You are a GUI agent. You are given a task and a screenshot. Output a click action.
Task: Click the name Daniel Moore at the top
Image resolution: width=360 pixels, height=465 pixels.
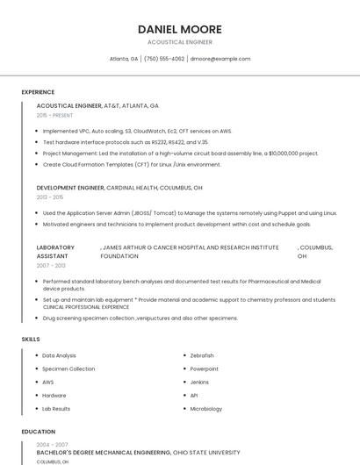(180, 29)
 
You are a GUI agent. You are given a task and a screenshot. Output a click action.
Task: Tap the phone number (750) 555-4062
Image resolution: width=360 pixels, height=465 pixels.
(164, 59)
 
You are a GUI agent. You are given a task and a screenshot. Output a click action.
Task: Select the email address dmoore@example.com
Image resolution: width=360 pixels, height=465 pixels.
(220, 59)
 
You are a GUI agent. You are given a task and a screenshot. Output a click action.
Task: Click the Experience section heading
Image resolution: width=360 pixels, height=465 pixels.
(38, 92)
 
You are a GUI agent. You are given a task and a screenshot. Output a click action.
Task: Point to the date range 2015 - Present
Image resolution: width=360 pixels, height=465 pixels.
(54, 115)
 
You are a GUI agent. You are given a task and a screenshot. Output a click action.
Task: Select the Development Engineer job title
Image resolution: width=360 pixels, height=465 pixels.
(70, 188)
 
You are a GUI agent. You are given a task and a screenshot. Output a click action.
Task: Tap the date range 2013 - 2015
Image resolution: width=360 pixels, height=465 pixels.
(50, 197)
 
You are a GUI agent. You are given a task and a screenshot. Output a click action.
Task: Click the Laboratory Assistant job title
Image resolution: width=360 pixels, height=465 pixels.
(55, 252)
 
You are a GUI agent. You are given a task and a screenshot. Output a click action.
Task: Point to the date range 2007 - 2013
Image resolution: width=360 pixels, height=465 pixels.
(51, 265)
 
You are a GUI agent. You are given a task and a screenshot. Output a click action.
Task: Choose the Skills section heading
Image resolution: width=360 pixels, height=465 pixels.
(30, 339)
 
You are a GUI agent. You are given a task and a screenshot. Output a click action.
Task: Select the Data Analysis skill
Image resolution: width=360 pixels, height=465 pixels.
(60, 355)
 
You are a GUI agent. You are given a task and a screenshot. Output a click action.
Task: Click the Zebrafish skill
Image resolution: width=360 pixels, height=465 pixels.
(202, 355)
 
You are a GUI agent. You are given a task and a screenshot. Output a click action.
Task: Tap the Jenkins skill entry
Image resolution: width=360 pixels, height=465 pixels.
(199, 383)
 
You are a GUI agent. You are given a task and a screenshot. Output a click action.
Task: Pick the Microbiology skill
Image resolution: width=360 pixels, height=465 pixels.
(206, 409)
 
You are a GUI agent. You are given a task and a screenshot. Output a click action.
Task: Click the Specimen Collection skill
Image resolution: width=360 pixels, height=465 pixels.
(68, 369)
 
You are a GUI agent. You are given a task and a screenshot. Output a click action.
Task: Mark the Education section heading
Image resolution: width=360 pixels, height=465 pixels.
(38, 432)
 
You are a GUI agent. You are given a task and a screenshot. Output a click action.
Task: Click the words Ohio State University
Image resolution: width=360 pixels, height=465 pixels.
(206, 453)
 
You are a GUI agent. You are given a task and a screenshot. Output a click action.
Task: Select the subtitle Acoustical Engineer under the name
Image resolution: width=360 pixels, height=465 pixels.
(180, 42)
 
